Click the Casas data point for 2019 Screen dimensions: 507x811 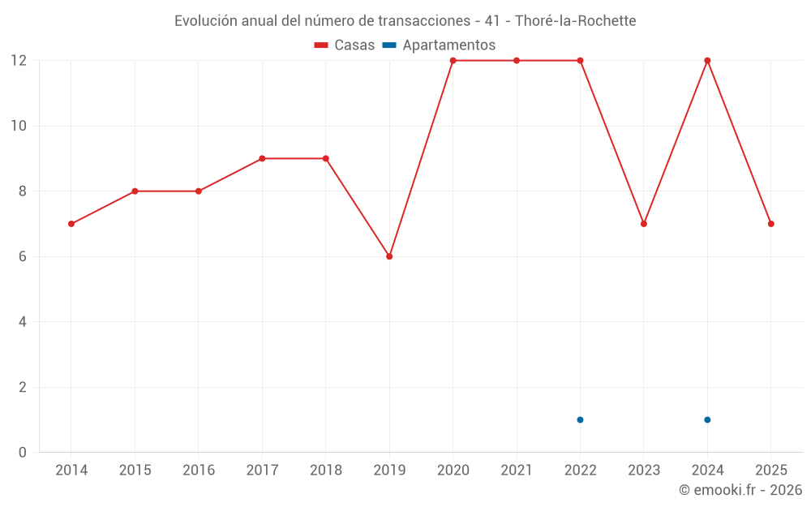[389, 256]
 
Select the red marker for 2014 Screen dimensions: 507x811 [71, 224]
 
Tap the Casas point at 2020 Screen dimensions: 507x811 [453, 61]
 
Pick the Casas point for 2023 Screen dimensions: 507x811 [644, 224]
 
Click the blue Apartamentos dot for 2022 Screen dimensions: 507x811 [580, 419]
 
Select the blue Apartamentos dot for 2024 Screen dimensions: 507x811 [707, 419]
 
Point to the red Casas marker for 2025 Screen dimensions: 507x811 [770, 224]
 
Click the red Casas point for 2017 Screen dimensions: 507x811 [262, 159]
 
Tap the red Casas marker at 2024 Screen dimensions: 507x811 [707, 61]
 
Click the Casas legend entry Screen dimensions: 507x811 [345, 45]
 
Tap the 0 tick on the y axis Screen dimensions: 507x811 [23, 452]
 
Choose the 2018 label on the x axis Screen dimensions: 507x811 [325, 470]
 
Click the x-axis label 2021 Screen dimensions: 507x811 [517, 470]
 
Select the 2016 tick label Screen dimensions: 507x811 [199, 470]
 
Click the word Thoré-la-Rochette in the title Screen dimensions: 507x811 [575, 20]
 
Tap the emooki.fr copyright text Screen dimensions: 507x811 [740, 490]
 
